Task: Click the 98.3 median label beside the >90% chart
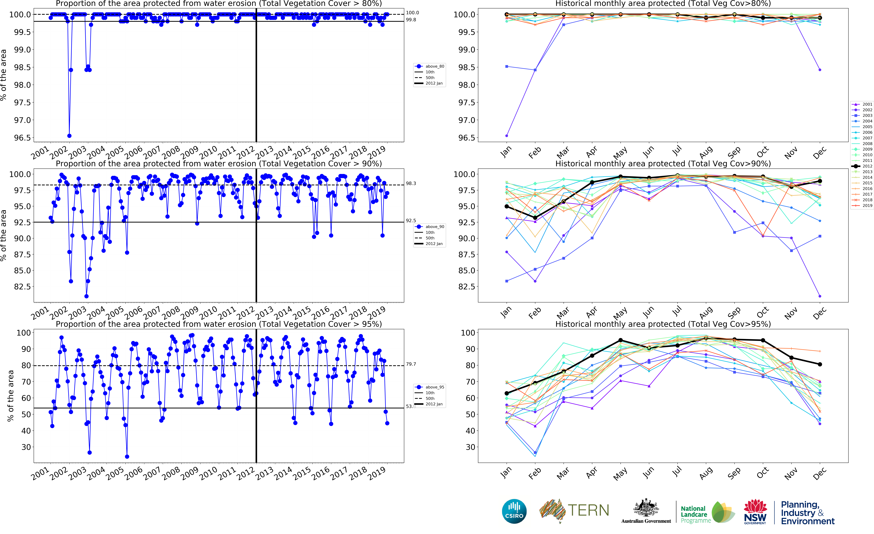tap(411, 183)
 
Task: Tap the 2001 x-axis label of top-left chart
tap(40, 153)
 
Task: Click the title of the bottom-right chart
tap(663, 324)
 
